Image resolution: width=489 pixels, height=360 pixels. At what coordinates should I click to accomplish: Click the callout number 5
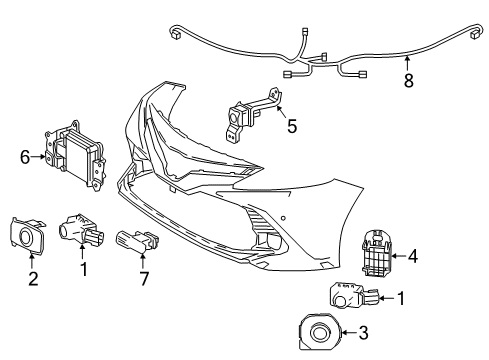coord(291,127)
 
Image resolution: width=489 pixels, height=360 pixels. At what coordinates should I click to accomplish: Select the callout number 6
coord(24,155)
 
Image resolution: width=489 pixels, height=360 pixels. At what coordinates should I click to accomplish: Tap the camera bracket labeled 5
coord(251,117)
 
